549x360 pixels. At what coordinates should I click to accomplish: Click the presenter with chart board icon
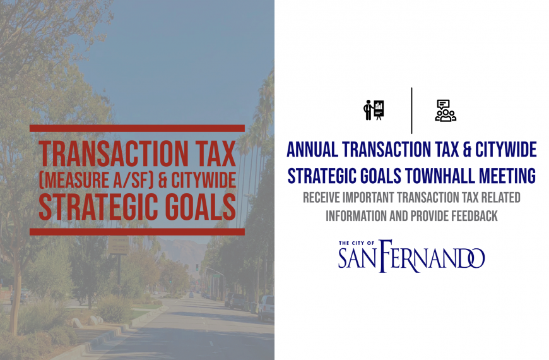pos(374,110)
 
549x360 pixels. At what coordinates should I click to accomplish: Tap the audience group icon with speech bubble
pos(446,111)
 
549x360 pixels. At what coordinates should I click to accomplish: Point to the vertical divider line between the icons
pos(411,111)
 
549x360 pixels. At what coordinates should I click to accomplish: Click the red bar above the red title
pos(138,128)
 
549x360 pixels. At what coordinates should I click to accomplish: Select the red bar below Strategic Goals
pos(138,232)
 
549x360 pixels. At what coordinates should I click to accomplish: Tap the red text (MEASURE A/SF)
pos(97,180)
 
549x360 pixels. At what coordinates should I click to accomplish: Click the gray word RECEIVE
pos(321,197)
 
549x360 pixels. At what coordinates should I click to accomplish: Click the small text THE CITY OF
pos(357,243)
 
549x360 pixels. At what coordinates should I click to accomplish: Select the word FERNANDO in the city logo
pos(432,256)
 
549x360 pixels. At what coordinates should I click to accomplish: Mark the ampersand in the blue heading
pos(467,150)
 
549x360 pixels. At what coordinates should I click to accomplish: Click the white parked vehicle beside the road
pos(266,308)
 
